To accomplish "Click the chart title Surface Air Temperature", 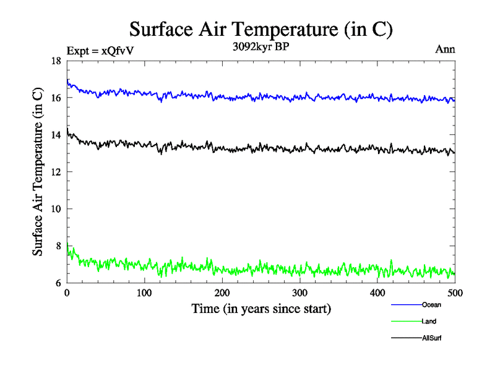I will pyautogui.click(x=260, y=28).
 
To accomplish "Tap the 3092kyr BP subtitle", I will pyautogui.click(x=260, y=46).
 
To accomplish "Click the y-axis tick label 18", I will pyautogui.click(x=56, y=61).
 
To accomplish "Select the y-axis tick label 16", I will pyautogui.click(x=56, y=98).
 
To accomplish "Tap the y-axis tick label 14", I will pyautogui.click(x=56, y=135).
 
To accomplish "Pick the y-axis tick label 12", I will pyautogui.click(x=56, y=172).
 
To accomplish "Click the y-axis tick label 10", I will pyautogui.click(x=56, y=209).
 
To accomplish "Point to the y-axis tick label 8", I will pyautogui.click(x=58, y=246).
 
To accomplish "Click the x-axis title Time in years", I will pyautogui.click(x=260, y=309).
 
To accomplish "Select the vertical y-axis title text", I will pyautogui.click(x=38, y=172).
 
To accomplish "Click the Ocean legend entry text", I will pyautogui.click(x=431, y=305).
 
